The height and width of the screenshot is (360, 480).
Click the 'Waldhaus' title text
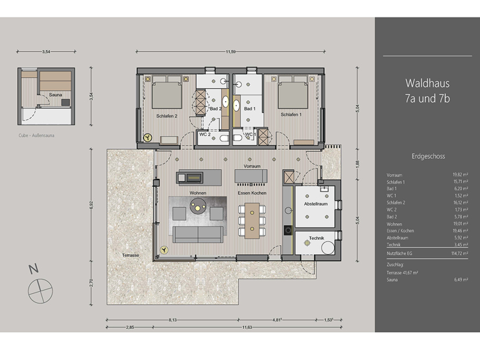pyautogui.click(x=427, y=83)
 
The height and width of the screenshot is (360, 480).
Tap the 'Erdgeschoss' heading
pyautogui.click(x=427, y=156)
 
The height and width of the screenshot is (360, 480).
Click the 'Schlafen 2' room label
pyautogui.click(x=167, y=115)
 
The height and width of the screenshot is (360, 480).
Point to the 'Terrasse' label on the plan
pyautogui.click(x=130, y=256)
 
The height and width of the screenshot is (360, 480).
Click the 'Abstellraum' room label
pyautogui.click(x=316, y=204)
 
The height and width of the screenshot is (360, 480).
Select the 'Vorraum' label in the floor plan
pyautogui.click(x=252, y=167)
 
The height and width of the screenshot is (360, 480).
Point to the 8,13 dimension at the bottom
pyautogui.click(x=173, y=320)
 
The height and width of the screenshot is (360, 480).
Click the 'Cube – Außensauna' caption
pyautogui.click(x=36, y=137)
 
